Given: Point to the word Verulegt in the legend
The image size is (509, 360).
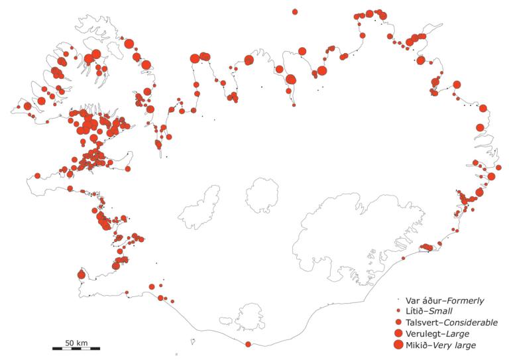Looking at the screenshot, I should (x=422, y=333).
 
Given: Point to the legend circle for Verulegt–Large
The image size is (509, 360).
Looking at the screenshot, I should (x=398, y=333).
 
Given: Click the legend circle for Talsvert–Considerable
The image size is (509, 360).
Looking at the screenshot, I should (x=398, y=322).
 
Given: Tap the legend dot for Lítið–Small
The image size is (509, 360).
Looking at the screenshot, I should (x=398, y=311).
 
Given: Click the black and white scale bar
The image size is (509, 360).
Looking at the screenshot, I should (x=76, y=348).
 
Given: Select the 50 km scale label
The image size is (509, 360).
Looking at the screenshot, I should (x=76, y=341).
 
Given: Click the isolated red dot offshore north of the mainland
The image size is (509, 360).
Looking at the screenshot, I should (x=295, y=11).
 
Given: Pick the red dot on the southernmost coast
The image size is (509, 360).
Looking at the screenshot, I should (x=249, y=344).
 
